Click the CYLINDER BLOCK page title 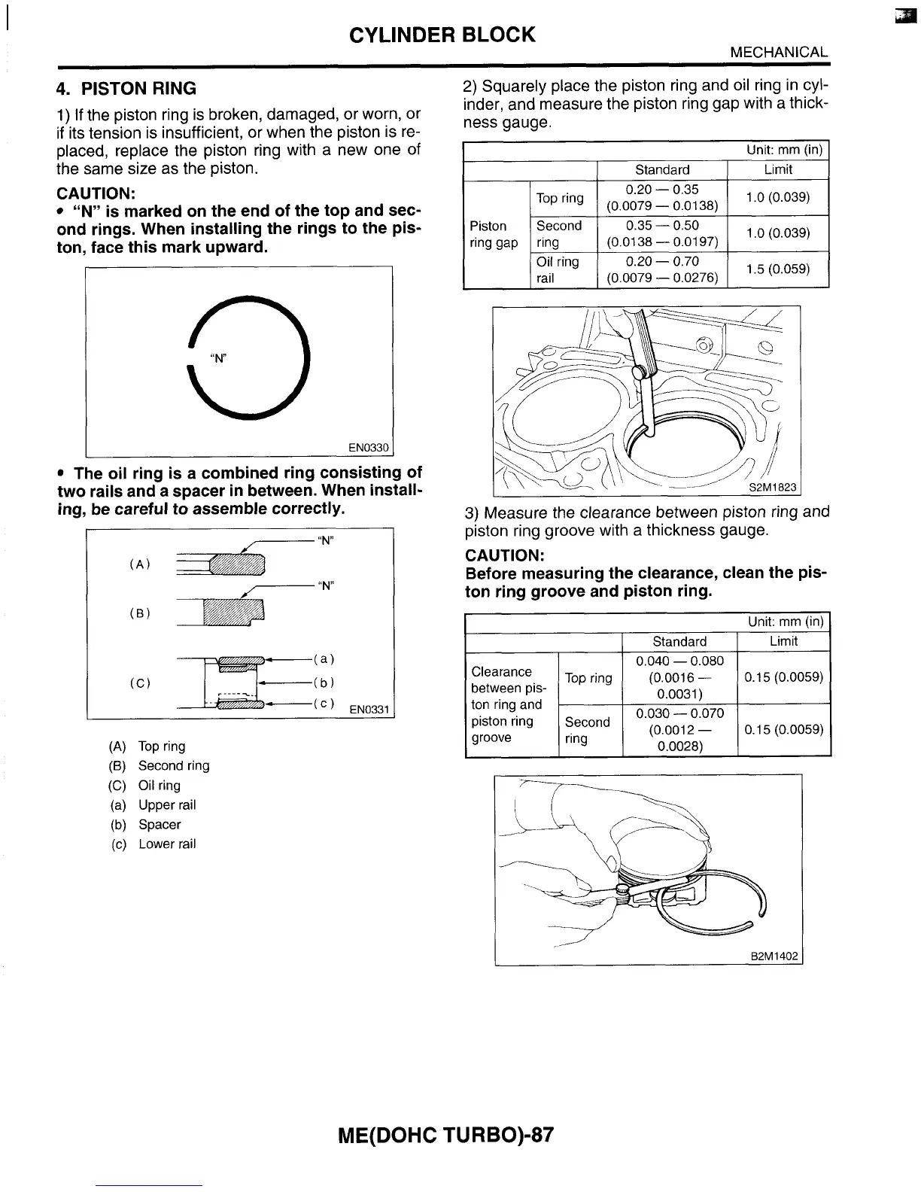pos(442,35)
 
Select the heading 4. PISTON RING pos(126,89)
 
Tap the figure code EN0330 pos(368,449)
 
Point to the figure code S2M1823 pos(772,488)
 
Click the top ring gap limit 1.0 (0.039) pos(777,197)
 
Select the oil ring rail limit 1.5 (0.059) pos(777,269)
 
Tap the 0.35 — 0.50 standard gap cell pos(662,233)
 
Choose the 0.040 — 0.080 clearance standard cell pos(679,677)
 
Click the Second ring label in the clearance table pos(587,730)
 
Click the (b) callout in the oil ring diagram pos(324,683)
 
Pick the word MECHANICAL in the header pos(779,52)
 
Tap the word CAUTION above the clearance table pos(505,555)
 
